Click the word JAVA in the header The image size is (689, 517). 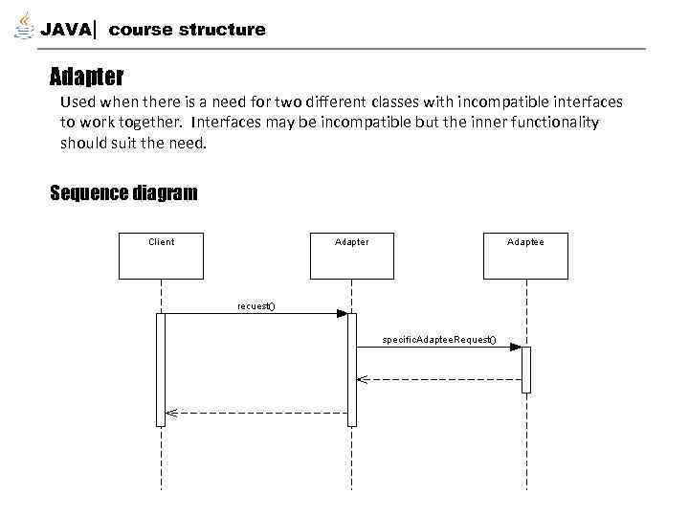(66, 30)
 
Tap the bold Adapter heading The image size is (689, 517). (86, 75)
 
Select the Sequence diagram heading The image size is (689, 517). (123, 193)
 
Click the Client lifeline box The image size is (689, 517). (161, 256)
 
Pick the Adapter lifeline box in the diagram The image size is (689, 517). (351, 256)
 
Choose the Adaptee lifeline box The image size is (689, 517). (525, 256)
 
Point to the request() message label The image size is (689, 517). (256, 305)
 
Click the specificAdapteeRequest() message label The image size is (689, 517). (439, 340)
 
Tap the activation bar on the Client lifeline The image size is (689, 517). (161, 369)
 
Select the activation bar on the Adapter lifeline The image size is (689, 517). (351, 369)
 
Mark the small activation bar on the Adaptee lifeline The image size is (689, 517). (525, 369)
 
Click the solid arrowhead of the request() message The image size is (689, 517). (342, 313)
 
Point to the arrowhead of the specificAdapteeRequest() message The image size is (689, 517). (516, 348)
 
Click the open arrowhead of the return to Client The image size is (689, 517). (170, 413)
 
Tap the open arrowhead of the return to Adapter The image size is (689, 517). (361, 379)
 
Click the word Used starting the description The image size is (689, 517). (77, 101)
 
